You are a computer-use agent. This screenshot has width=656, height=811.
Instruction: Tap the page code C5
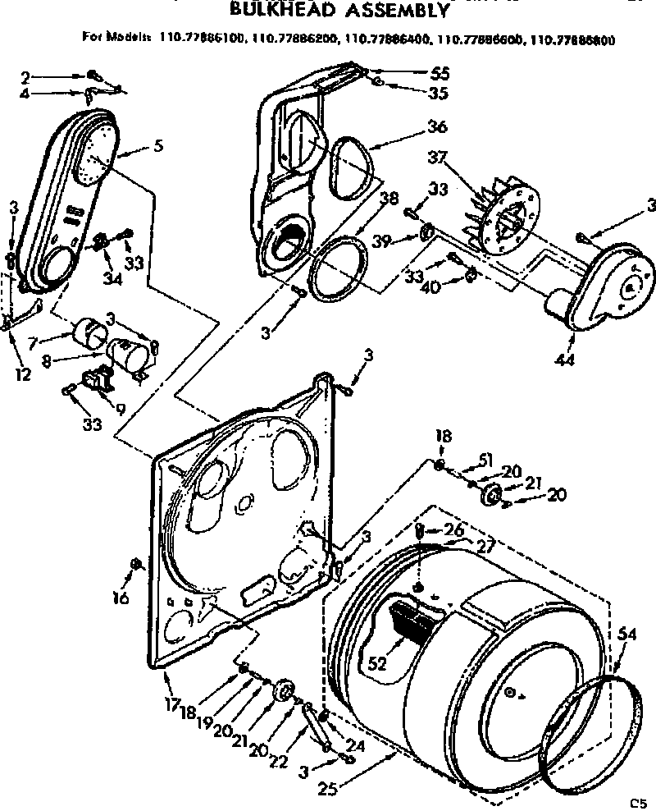(638, 802)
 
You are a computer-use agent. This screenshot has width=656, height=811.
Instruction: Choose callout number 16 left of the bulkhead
(121, 598)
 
